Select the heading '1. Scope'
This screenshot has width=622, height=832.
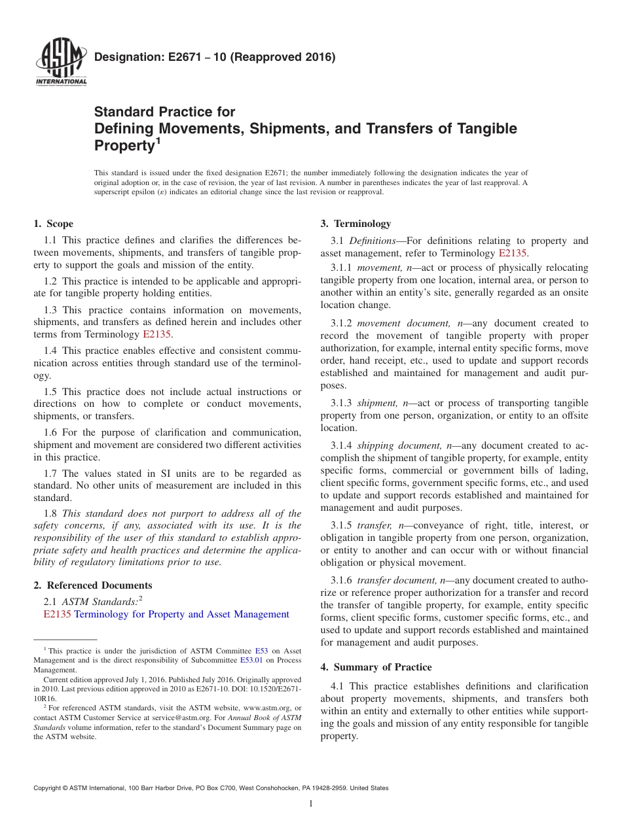(x=53, y=224)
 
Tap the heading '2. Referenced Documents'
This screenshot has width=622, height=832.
(x=92, y=585)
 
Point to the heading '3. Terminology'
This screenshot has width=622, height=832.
(x=356, y=224)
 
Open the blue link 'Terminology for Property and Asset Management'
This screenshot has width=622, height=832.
(x=181, y=614)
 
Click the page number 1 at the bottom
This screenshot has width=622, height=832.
(x=311, y=803)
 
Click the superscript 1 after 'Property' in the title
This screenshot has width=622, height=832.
(x=157, y=140)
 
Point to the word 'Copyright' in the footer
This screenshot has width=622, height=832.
(x=49, y=788)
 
